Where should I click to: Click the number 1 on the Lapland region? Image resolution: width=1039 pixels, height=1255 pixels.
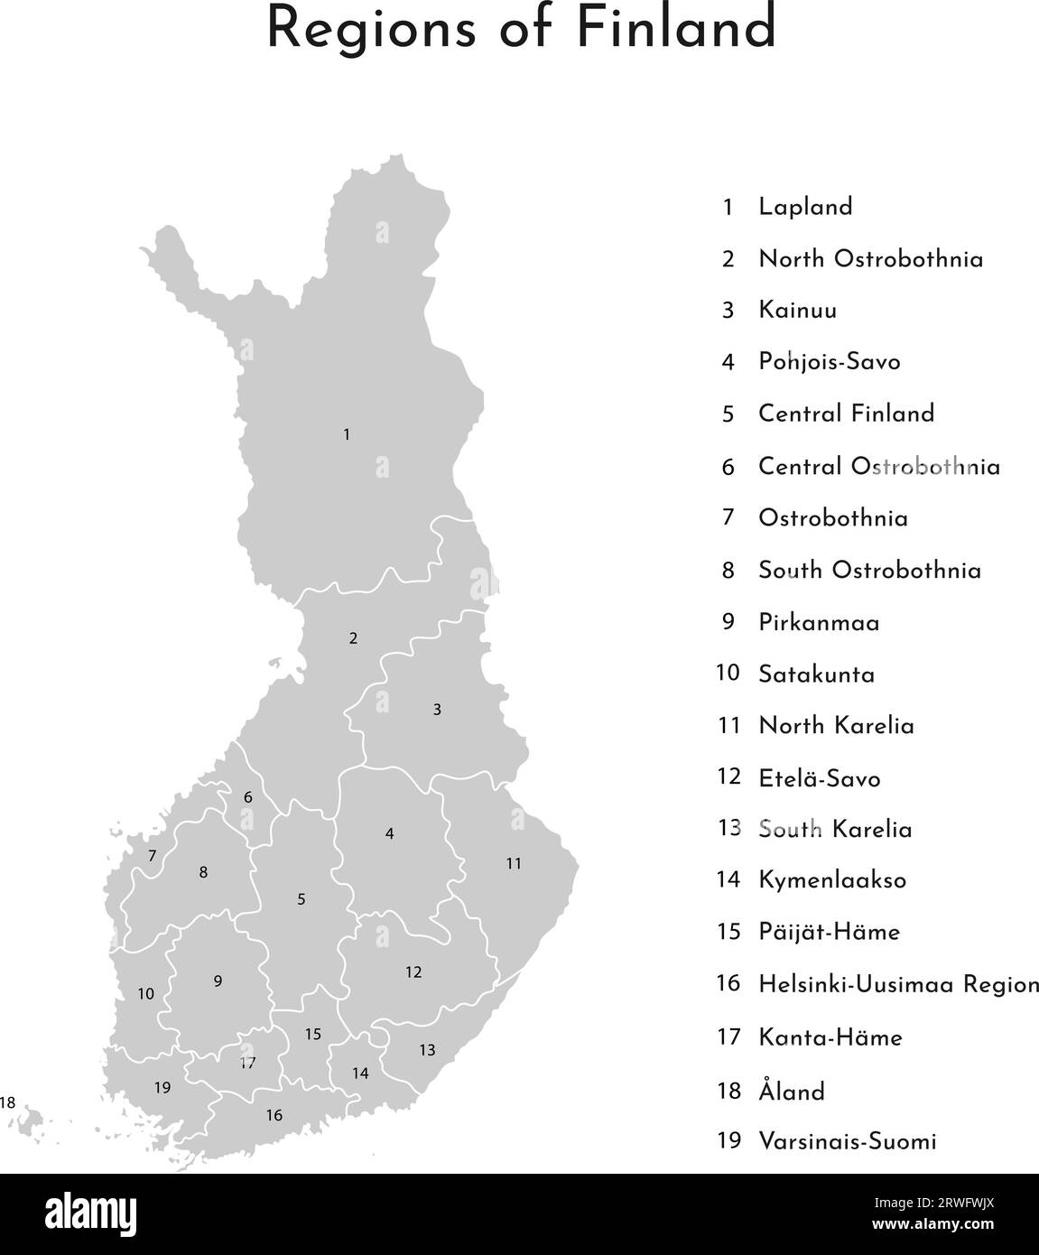tap(347, 435)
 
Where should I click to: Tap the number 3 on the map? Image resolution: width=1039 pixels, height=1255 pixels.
tap(437, 710)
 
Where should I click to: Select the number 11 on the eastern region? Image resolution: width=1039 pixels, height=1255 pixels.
tap(514, 864)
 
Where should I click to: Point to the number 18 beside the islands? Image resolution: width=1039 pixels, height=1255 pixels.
tap(8, 1102)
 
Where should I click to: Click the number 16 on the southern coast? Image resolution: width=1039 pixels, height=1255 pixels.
tap(274, 1116)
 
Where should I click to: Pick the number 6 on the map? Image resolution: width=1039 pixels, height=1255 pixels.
tap(248, 798)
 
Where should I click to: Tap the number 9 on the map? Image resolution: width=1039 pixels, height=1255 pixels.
tap(218, 981)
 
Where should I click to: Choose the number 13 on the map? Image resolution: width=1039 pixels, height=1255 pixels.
tap(427, 1050)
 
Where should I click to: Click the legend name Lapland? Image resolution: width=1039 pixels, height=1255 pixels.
tap(805, 208)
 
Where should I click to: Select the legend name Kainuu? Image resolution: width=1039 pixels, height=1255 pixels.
tap(797, 311)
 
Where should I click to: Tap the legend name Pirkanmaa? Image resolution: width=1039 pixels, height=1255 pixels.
tap(819, 623)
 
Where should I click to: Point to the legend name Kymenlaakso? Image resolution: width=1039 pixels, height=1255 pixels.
tap(832, 880)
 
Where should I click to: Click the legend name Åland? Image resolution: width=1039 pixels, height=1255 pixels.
tap(792, 1092)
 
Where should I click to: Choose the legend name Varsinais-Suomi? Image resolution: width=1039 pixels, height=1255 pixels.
tap(847, 1141)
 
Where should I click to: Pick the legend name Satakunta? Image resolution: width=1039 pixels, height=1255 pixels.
tap(816, 674)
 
